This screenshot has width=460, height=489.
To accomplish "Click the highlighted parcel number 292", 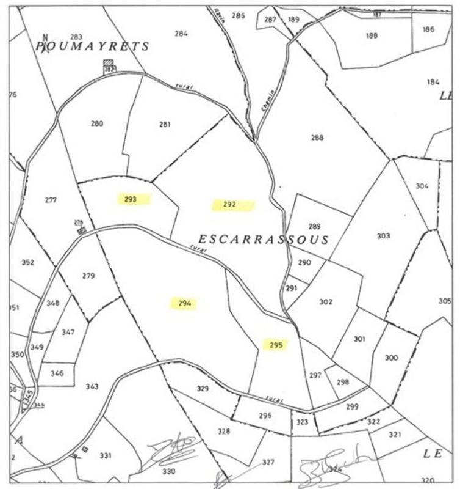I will coord(229,205).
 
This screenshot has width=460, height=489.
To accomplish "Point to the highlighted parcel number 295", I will coord(276,345).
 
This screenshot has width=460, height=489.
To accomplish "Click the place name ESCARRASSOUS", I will coord(264,240).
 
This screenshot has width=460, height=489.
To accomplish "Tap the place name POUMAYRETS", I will coord(93,46).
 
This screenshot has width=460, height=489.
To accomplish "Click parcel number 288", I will coord(317,138).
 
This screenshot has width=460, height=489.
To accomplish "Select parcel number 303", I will coord(383,236).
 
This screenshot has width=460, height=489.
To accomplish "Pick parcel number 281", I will coord(165,125).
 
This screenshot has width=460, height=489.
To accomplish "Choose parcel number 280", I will coord(97,123).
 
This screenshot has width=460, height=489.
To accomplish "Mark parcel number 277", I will coord(51,200).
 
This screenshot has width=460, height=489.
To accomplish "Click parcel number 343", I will coord(92,386).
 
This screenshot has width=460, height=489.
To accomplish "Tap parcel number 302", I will coord(326,301).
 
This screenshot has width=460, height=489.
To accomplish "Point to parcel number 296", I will coord(265,416).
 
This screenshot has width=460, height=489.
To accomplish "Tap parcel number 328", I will coord(224,432).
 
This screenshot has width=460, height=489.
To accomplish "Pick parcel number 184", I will coord(433,82).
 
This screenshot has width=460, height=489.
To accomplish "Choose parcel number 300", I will coord(391,358).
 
